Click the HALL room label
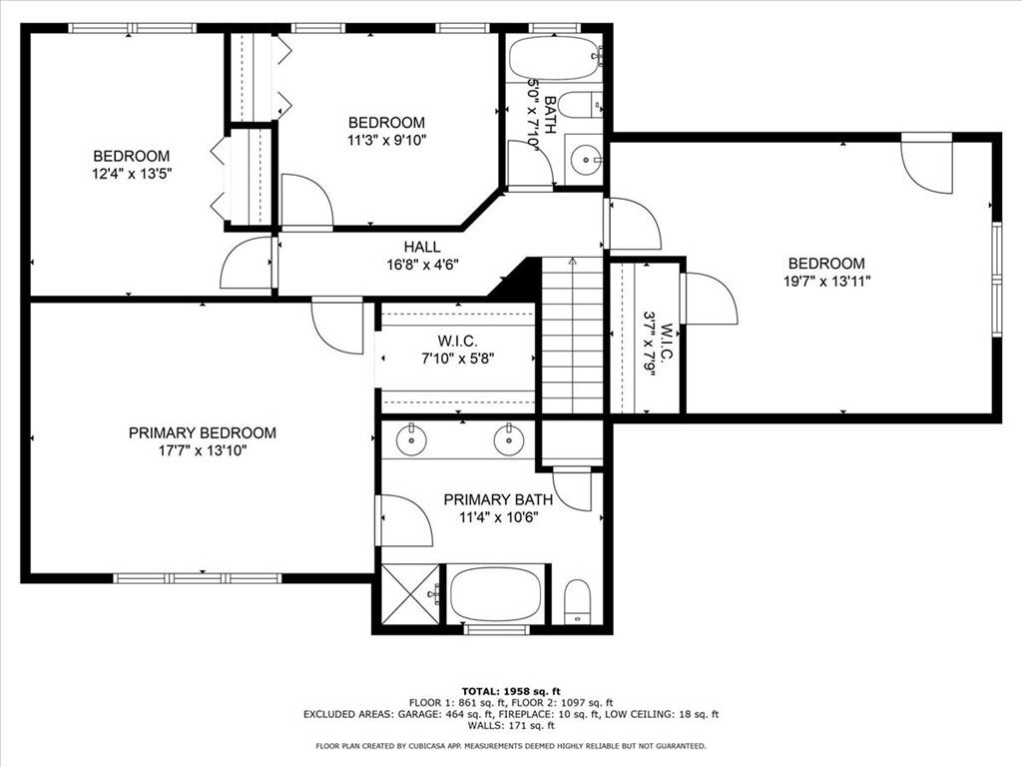point(422,248)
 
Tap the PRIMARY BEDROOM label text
point(202,433)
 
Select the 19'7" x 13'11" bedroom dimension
point(826,281)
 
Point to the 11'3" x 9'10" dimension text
point(386,140)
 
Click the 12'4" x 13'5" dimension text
point(132,174)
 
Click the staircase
point(572,336)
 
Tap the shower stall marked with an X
point(410,595)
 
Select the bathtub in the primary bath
point(496,594)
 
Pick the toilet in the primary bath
point(577,600)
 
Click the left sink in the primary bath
point(412,441)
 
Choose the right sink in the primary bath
point(508,441)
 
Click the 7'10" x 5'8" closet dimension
point(457,359)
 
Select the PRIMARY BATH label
point(498,500)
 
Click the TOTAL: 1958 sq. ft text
point(511,691)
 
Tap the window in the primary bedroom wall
point(198,578)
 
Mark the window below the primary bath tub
point(496,630)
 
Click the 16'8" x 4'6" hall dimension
point(422,265)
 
